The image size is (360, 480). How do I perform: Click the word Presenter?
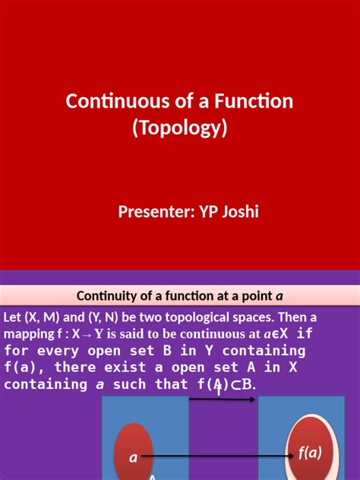pyautogui.click(x=153, y=210)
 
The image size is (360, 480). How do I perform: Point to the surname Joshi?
pyautogui.click(x=239, y=210)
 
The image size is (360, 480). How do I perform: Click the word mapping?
pyautogui.click(x=30, y=333)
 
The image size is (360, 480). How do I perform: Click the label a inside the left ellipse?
pyautogui.click(x=134, y=457)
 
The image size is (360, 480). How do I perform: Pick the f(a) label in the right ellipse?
pyautogui.click(x=309, y=453)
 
